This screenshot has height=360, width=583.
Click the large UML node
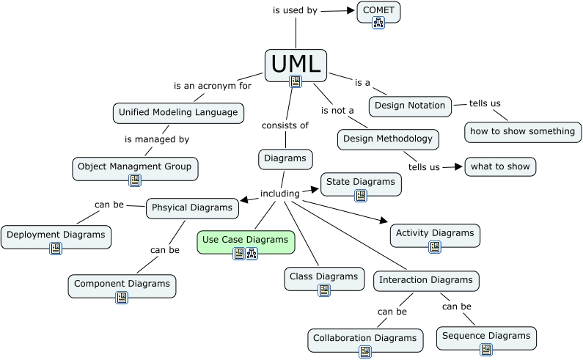coord(296,65)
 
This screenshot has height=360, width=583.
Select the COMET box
coord(378,10)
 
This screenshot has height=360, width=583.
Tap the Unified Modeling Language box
coord(178,113)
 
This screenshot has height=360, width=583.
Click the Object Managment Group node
coord(135,167)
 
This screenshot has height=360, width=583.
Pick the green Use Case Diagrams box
coord(246,240)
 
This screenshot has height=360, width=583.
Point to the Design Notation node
coord(409,106)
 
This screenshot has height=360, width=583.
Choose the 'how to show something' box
coord(523,132)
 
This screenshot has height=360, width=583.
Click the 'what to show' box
coord(500,166)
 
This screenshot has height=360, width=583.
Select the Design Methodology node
coord(389,139)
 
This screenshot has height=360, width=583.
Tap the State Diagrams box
coord(361,182)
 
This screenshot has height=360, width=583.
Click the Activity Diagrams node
coord(435,234)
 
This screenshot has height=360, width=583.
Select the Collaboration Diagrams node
coord(365,339)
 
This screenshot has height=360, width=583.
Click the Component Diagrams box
coord(122,284)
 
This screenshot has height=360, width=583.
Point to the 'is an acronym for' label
coord(213,86)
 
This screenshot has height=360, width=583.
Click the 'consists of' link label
coord(285,125)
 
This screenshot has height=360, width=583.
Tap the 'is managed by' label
coord(157,139)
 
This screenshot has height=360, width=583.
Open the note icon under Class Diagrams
coord(324,290)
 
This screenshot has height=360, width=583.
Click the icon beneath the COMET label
coord(378,22)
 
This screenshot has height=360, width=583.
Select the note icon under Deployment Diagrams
coord(56,249)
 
